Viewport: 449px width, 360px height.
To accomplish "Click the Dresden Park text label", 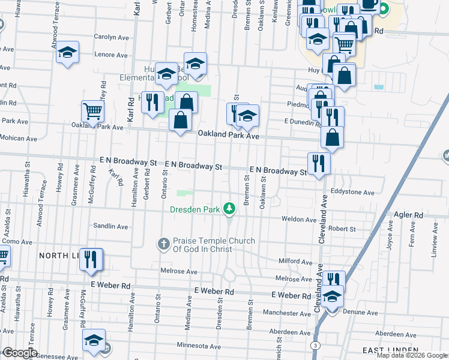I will point(195,210).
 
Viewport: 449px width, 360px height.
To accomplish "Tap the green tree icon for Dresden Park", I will point(229,209).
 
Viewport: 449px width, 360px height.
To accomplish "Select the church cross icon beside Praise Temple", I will point(163,244).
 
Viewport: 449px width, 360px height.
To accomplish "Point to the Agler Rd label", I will point(409,214).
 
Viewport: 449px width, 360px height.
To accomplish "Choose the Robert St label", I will point(342,229).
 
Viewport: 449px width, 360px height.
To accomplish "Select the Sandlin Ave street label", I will point(110,227).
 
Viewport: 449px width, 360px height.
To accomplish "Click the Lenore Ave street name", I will point(112,55).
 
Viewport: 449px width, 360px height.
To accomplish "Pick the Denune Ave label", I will point(360,313).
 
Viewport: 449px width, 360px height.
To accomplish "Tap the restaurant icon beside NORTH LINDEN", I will point(91,259).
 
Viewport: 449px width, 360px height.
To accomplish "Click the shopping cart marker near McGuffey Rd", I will point(92,111).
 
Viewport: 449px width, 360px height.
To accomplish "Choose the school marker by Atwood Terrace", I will point(68,53).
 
